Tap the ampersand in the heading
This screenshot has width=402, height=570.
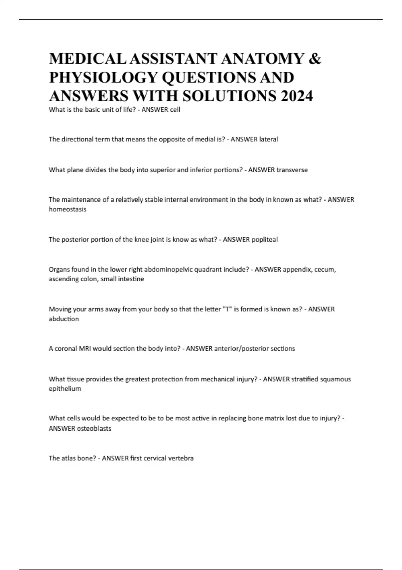coord(314,59)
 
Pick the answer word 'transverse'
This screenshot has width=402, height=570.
coord(291,170)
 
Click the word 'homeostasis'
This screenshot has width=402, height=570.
coord(67,209)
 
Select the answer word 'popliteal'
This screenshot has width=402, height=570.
coord(264,240)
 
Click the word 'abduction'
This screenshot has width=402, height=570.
coord(64,319)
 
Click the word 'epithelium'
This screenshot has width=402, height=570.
coord(65,389)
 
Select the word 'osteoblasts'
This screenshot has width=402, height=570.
coord(94,429)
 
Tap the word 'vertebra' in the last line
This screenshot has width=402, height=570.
coord(181,458)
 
